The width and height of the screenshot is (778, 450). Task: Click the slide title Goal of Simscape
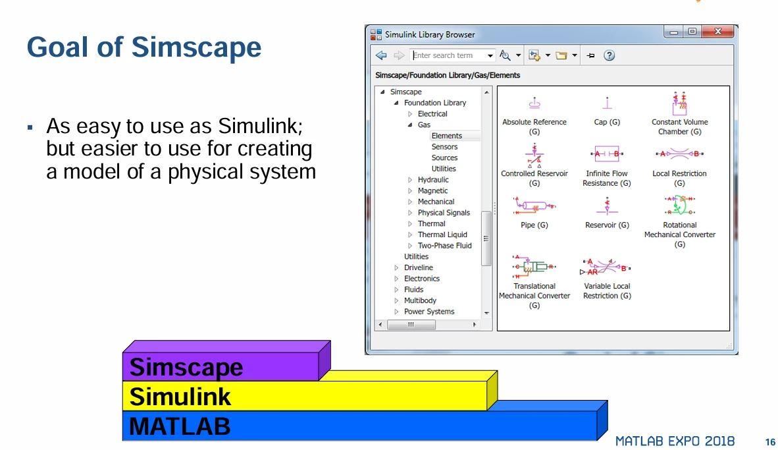144,47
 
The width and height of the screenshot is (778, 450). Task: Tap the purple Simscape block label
186,367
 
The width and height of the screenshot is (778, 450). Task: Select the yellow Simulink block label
180,397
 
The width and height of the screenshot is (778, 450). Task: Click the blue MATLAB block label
180,426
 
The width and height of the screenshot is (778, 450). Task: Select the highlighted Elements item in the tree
447,136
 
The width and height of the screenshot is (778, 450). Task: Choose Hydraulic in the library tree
433,180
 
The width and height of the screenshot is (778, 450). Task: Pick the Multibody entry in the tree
420,300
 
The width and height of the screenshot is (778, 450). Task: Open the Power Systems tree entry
429,312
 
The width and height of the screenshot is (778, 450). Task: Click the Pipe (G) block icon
534,206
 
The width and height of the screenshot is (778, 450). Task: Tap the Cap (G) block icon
607,103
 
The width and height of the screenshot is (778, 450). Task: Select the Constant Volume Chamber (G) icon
679,103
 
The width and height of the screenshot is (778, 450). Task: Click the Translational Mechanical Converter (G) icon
534,266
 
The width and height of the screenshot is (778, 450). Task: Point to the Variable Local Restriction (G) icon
607,267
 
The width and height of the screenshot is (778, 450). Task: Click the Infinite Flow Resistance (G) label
607,179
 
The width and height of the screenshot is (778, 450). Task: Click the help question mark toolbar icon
609,55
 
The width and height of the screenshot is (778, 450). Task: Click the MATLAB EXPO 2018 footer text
675,441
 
